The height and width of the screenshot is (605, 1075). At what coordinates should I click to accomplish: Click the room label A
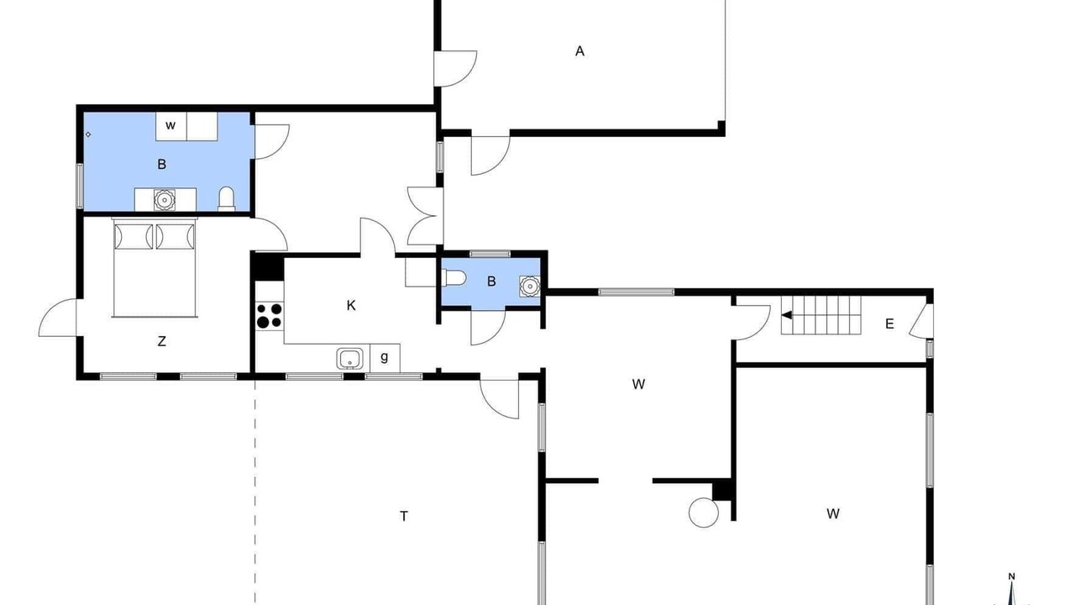579,51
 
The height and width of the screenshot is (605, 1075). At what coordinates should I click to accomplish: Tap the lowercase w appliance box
170,126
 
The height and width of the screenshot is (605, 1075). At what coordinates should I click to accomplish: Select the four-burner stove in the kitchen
269,315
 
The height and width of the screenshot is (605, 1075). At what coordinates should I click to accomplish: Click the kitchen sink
350,359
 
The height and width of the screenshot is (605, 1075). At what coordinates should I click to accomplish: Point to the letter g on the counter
385,357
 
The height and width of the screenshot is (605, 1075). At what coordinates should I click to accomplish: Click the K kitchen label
351,305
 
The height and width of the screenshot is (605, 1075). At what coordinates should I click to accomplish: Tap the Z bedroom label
162,341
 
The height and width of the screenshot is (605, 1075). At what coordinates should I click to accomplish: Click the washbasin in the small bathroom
530,287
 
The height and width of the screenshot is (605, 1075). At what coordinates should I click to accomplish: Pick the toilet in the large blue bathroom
227,199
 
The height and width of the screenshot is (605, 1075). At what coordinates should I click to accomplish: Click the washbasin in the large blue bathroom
164,200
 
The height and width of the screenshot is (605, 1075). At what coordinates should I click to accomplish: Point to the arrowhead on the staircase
787,315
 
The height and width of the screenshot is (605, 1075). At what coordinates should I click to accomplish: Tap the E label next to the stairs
889,324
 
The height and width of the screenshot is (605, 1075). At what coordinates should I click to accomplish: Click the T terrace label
404,516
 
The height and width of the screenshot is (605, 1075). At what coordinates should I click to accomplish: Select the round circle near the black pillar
704,513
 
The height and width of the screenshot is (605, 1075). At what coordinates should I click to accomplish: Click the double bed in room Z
155,267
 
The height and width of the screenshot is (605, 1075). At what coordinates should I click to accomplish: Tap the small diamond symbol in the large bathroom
88,135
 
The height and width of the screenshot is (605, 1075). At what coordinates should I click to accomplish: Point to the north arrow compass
1012,591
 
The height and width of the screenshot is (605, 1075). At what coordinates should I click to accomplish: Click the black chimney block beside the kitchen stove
269,266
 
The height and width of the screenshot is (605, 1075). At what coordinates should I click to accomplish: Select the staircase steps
821,315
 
